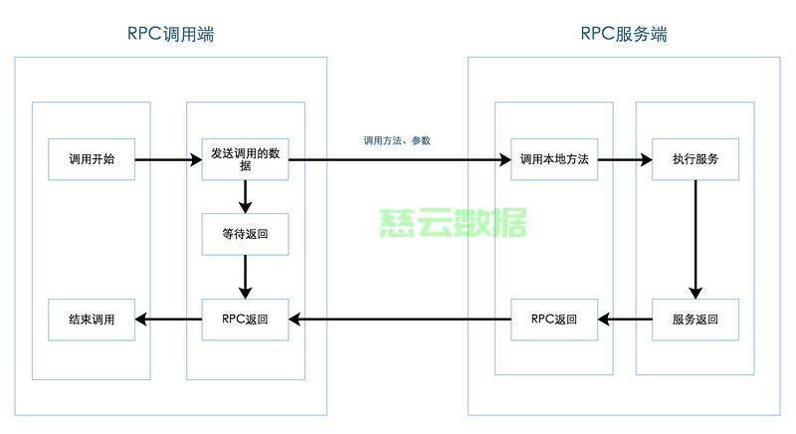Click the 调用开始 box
point(92,159)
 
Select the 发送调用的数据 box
point(245,159)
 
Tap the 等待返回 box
point(245,234)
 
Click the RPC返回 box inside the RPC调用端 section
point(245,320)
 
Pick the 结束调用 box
point(92,320)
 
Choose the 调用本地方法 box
point(554,159)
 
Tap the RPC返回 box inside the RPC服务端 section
point(554,320)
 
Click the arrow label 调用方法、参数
point(397,141)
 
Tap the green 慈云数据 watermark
point(453,224)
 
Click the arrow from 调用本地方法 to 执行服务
point(625,159)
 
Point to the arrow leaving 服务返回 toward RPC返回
point(625,320)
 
